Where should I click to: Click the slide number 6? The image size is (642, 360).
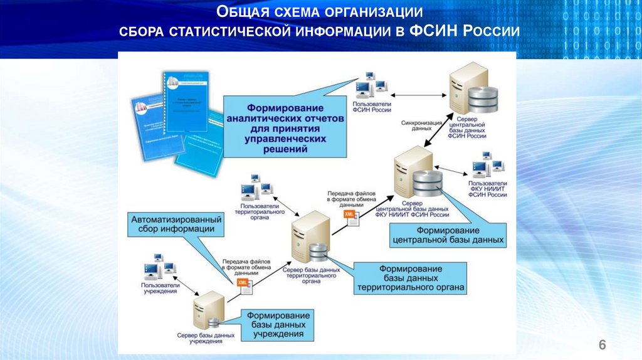(603, 344)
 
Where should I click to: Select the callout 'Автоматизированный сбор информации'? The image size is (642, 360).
(177, 225)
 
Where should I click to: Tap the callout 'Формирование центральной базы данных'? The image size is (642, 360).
(448, 235)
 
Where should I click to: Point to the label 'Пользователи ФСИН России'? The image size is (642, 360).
(372, 107)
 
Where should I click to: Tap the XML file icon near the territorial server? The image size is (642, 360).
(349, 216)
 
